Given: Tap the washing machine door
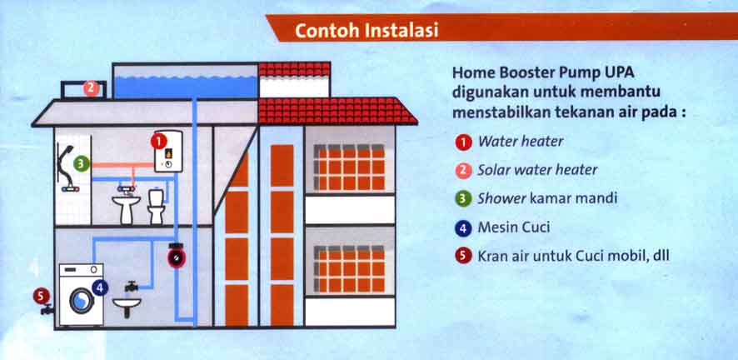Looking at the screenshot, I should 82,299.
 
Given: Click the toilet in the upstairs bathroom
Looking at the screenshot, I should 156,206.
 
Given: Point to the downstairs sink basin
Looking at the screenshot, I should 126,309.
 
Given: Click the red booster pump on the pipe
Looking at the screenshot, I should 177,256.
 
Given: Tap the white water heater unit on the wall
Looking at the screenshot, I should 168,152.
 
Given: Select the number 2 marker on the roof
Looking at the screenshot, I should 92,87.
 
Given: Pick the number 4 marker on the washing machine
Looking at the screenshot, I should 101,287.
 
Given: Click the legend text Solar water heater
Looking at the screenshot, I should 537,170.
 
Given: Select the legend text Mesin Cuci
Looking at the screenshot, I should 514,227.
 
